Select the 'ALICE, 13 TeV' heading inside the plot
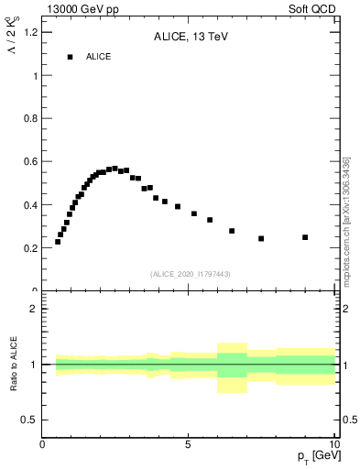[x=190, y=38]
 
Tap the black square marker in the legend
[x=70, y=57]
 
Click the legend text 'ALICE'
[x=99, y=57]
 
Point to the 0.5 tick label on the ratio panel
[x=29, y=420]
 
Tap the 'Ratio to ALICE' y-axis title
[x=12, y=365]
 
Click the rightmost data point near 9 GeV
[x=305, y=237]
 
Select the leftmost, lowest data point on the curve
[x=58, y=242]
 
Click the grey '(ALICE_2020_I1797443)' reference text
[x=190, y=274]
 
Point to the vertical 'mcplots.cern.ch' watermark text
[x=346, y=220]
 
